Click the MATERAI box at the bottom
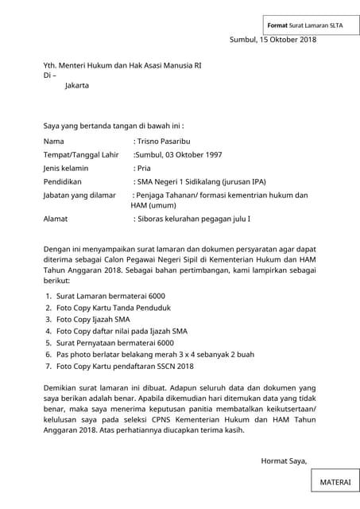pos(333,482)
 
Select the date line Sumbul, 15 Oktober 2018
pos(273,40)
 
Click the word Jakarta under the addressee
pos(77,85)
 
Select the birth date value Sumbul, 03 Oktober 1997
pos(178,154)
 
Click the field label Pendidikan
pos(66,181)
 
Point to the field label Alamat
pos(56,218)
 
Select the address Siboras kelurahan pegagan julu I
pos(193,218)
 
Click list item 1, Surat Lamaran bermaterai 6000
pos(110,295)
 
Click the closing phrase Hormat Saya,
pos(284,460)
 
